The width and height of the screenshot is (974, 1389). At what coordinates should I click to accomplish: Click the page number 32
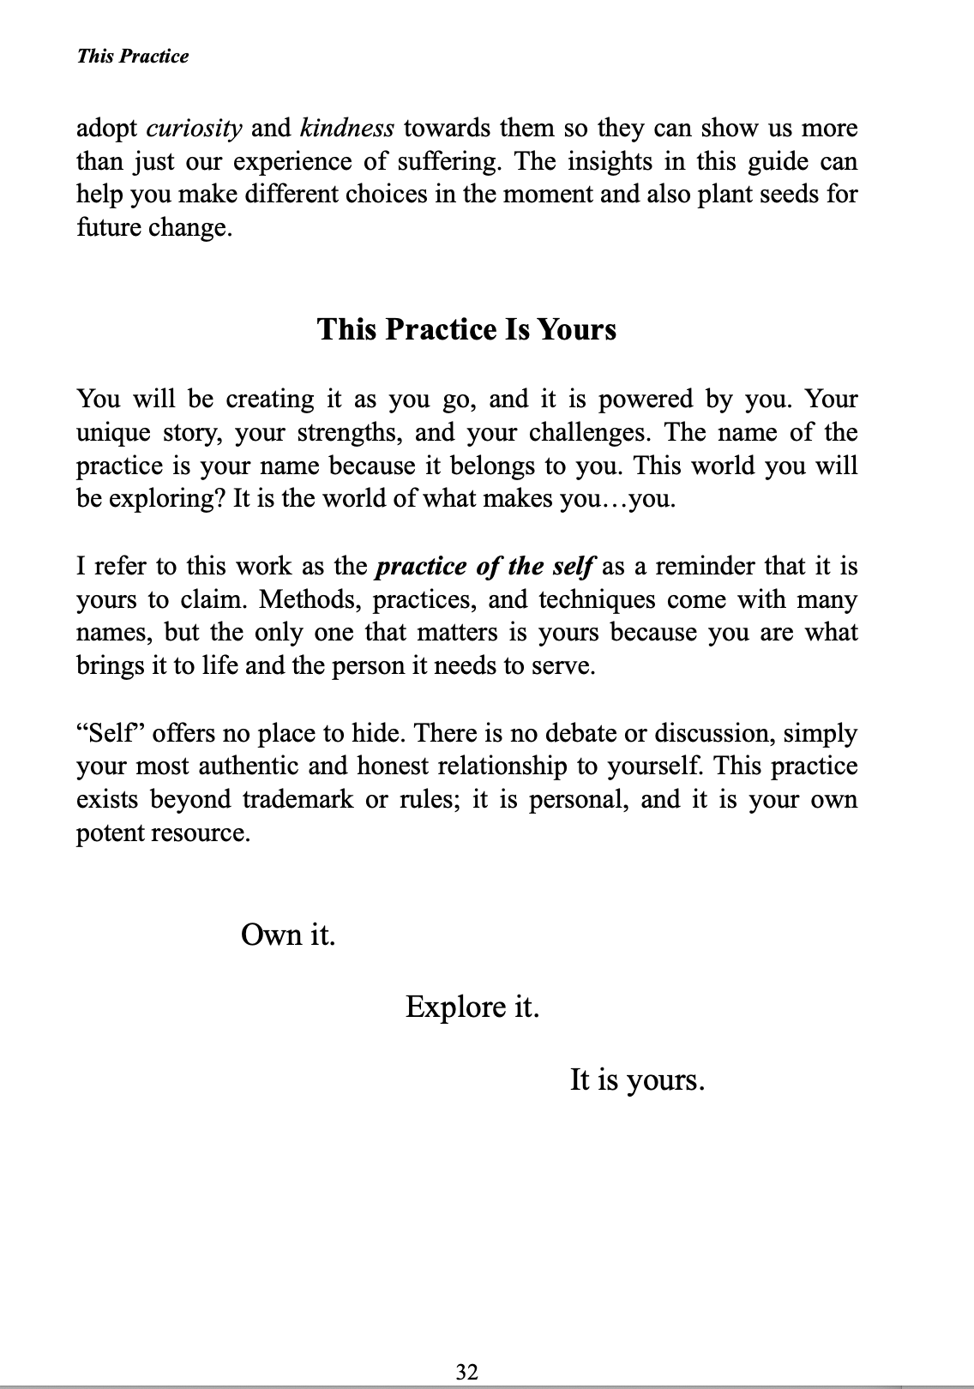coord(467,1372)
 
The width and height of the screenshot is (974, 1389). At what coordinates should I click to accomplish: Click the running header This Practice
coord(132,57)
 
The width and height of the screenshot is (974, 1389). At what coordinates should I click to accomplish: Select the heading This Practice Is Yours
coord(466,329)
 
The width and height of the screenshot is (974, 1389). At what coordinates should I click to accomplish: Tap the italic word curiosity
coord(195,129)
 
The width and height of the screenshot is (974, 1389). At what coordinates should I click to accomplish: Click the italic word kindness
coord(347,129)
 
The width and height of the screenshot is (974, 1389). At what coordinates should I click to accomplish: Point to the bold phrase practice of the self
coord(485,568)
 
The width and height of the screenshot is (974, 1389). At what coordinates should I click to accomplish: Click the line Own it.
coord(288,934)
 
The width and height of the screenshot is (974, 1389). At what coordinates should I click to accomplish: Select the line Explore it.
coord(472,1006)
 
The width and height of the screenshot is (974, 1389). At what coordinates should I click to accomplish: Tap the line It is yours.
coord(637,1079)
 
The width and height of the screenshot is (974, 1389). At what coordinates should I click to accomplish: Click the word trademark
coord(298,799)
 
